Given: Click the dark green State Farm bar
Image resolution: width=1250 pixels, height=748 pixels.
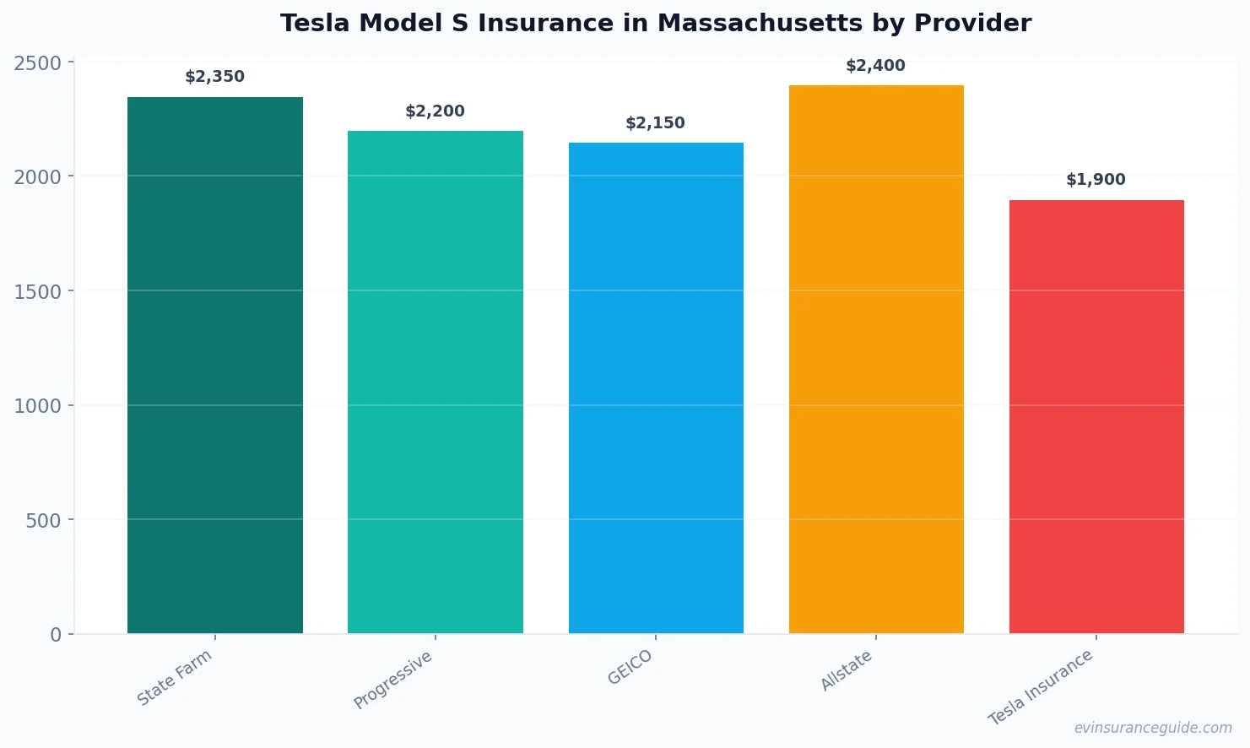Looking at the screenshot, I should tap(215, 365).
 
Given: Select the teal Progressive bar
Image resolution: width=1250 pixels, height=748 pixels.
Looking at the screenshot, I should tap(436, 382).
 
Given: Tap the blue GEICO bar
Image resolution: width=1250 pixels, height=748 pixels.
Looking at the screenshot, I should tap(656, 388).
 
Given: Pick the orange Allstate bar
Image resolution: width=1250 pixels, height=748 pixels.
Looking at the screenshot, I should tap(876, 359).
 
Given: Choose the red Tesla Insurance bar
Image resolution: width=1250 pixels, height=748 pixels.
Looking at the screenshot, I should tap(1096, 416).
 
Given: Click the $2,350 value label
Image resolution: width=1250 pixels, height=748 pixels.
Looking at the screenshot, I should tap(215, 77).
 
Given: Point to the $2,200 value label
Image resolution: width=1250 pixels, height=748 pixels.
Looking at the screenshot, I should tap(436, 111).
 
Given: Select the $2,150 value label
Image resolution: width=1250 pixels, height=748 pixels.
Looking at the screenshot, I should tap(656, 123).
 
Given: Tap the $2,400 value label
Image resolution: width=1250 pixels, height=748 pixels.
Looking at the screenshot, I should tap(876, 66).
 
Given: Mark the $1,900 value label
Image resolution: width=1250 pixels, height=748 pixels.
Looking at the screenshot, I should tap(1096, 180).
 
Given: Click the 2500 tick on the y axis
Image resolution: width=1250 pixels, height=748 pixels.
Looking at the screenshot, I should tap(38, 63).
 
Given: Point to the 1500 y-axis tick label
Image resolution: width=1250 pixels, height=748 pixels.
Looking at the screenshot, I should tap(38, 292).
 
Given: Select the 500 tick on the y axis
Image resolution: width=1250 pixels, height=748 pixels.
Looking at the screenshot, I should tap(43, 521).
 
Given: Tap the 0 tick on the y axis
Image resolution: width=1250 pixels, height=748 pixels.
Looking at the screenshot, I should tap(56, 635).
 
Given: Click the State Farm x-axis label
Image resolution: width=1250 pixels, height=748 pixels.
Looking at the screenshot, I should tap(176, 678).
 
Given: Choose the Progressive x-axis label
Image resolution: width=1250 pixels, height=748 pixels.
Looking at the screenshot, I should tap(393, 680).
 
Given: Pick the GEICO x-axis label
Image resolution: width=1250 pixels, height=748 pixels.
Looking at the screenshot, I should tap(630, 668).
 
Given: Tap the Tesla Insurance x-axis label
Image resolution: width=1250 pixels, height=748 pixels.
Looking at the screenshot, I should tap(1042, 687).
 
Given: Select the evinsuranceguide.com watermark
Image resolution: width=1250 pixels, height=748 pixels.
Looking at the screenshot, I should tap(1153, 728).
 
